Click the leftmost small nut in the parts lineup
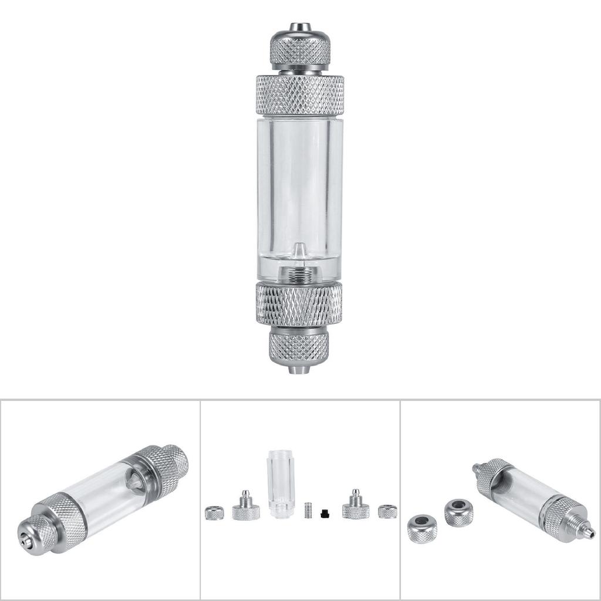point(214,512)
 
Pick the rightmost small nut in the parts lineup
point(387,511)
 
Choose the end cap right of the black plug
point(356,507)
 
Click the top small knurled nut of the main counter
point(300,49)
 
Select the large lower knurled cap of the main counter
point(299,303)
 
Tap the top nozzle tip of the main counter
point(300,27)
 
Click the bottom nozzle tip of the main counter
point(299,370)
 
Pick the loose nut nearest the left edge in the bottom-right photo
point(422,528)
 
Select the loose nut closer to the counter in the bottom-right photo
point(458,512)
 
